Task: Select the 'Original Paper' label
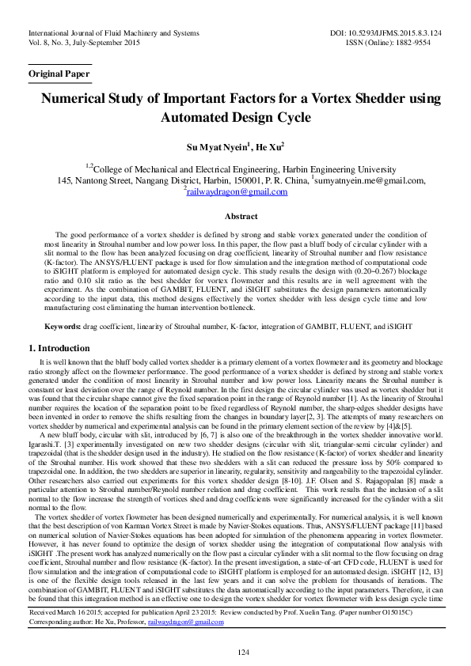coord(59,74)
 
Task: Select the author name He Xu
coord(269,147)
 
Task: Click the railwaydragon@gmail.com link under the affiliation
coord(237,192)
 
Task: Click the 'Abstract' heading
coord(241,217)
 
